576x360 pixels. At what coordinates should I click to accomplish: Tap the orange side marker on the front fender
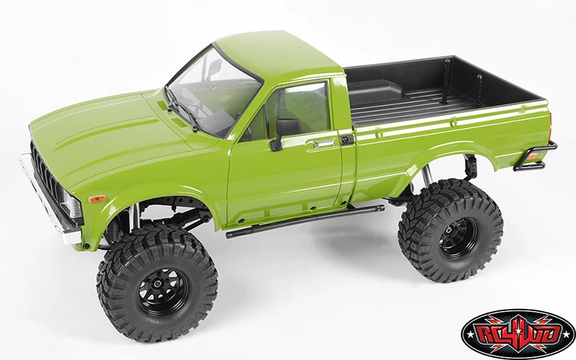[x=96, y=198]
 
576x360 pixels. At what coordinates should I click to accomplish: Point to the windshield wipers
[x=184, y=108]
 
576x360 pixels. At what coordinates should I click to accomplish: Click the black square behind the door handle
[x=347, y=139]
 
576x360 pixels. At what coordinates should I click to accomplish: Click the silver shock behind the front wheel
[x=134, y=220]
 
